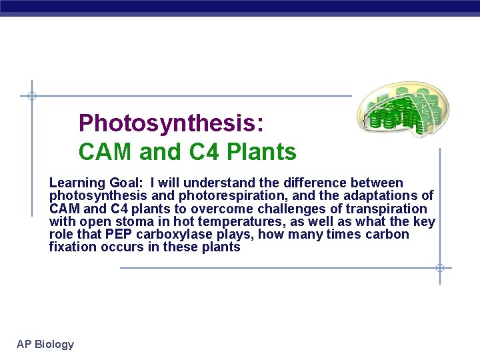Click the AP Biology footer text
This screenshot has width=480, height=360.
click(x=45, y=344)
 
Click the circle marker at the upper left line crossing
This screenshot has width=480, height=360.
click(x=31, y=96)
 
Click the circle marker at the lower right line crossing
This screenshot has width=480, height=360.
click(x=440, y=268)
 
